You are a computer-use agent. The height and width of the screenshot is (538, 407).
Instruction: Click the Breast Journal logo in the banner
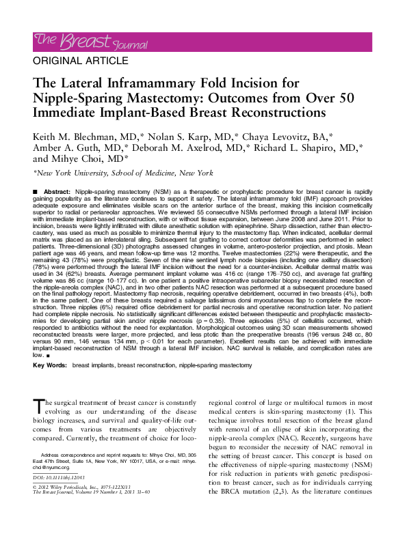90,42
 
